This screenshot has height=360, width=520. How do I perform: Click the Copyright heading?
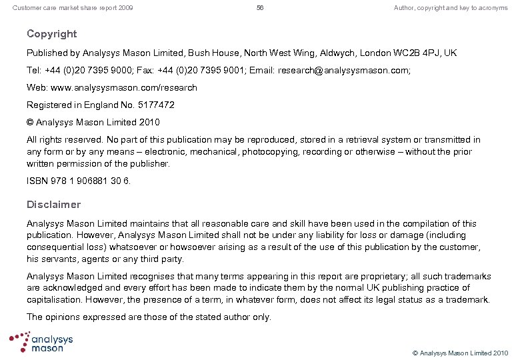(51, 34)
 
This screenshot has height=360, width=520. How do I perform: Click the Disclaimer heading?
(53, 205)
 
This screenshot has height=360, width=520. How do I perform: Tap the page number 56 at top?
(260, 8)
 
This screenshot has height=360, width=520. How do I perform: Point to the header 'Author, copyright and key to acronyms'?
(451, 8)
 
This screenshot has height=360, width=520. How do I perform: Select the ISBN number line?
(79, 181)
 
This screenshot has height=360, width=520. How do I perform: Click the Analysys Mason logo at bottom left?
(41, 341)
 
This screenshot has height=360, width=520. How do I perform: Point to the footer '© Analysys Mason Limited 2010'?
(460, 352)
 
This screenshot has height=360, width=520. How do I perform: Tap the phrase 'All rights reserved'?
(64, 140)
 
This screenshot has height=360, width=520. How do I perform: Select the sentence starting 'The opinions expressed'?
(149, 317)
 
